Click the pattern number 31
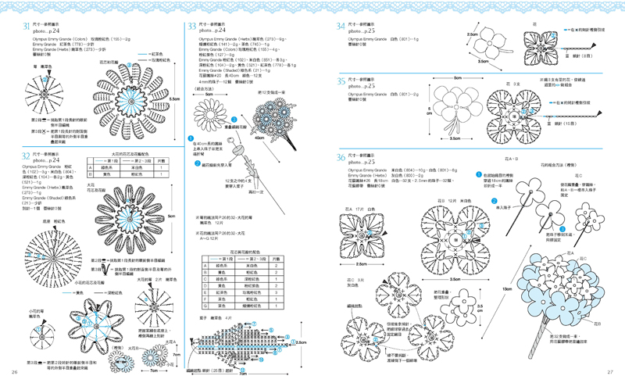[26, 27]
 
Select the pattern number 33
[191, 27]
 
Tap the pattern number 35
[341, 81]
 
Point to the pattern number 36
[341, 157]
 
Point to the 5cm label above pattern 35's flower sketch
[458, 78]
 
